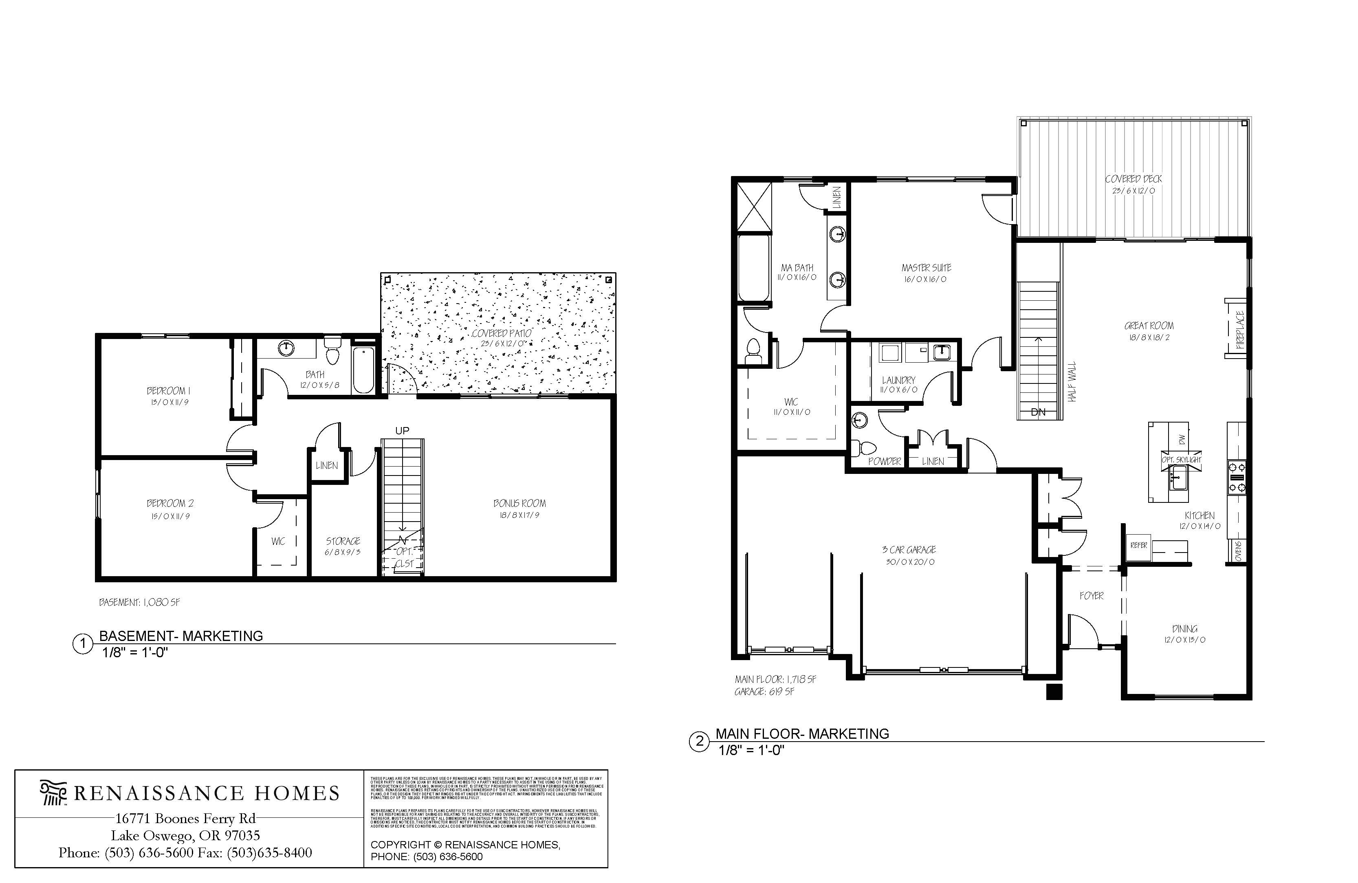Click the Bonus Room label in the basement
click(519, 503)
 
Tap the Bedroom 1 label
click(168, 391)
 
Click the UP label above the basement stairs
click(402, 430)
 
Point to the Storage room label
click(343, 541)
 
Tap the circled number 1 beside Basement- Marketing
click(83, 644)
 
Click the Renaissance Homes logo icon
click(53, 793)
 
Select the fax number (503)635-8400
click(269, 853)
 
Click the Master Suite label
click(926, 268)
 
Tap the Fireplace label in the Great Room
click(1240, 330)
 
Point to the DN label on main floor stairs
click(1038, 412)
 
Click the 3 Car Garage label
click(909, 550)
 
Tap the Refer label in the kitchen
click(1138, 545)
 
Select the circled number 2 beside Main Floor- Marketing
click(699, 742)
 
